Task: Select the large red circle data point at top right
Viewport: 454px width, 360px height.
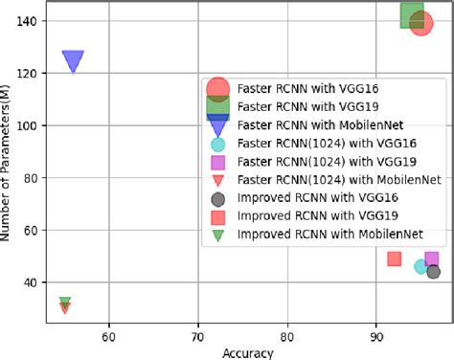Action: [x=421, y=24]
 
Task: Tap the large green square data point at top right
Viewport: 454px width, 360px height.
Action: [x=413, y=14]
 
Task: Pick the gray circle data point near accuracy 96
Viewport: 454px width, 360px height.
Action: [x=433, y=272]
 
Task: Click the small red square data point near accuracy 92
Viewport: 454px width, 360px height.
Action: [x=394, y=259]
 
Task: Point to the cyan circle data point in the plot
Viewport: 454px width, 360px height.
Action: [x=420, y=266]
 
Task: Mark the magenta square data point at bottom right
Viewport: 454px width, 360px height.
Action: [x=431, y=259]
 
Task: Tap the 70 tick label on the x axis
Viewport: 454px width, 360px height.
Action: [x=197, y=336]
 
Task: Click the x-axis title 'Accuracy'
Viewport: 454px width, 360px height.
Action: [x=248, y=352]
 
